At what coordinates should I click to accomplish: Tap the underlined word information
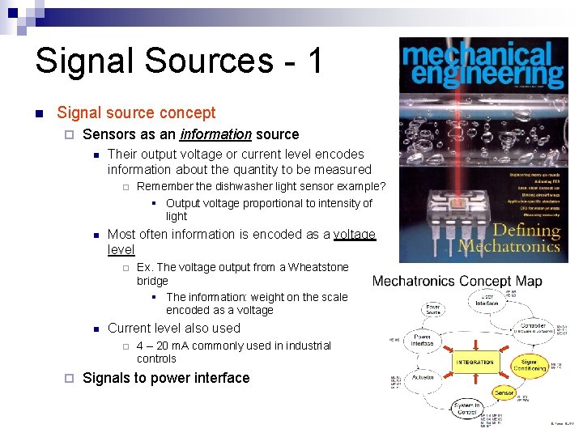click(216, 134)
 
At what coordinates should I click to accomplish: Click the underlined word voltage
click(355, 235)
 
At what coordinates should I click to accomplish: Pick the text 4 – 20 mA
click(163, 346)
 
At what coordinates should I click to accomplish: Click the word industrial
click(305, 346)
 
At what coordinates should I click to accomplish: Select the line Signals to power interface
click(166, 378)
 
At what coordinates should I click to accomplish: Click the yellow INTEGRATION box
click(474, 362)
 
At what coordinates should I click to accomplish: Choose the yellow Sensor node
click(504, 392)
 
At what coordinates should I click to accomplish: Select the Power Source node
click(433, 308)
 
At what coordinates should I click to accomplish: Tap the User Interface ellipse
click(487, 300)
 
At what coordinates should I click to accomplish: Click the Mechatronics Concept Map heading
click(457, 282)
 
